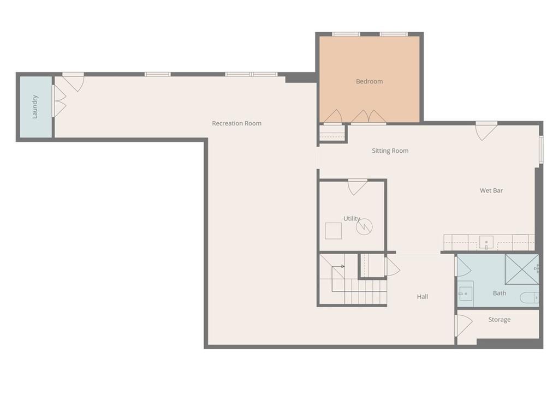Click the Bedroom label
tap(370, 81)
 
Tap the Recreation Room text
tap(237, 123)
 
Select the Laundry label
tap(34, 106)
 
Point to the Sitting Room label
tap(390, 151)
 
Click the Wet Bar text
tap(491, 190)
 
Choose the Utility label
tap(352, 218)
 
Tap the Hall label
tap(423, 296)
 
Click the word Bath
tap(499, 293)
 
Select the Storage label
tap(499, 320)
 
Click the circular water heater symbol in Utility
tap(364, 226)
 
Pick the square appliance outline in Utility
tap(334, 231)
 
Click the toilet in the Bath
tap(530, 297)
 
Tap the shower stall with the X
tap(522, 270)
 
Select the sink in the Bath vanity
tap(465, 294)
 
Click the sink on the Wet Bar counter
tap(486, 243)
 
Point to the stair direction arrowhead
tap(343, 266)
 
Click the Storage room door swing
tap(464, 326)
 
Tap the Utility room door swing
tap(358, 188)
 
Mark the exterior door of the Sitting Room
tap(486, 131)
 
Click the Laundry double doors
tap(59, 101)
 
